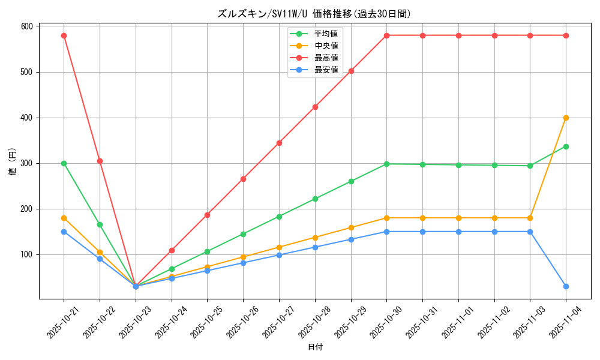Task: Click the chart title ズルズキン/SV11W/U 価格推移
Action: pos(314,14)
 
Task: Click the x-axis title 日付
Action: pos(315,347)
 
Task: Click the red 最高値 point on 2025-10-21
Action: pos(64,35)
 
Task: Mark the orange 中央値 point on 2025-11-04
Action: pos(566,118)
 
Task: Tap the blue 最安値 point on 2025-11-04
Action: pos(566,286)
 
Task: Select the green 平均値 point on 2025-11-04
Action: pos(566,146)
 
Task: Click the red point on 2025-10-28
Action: pos(315,107)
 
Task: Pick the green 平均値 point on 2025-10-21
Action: pos(64,163)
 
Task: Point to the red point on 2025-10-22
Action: pos(100,161)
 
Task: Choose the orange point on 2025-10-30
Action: pos(386,218)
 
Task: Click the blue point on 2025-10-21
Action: pos(64,232)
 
